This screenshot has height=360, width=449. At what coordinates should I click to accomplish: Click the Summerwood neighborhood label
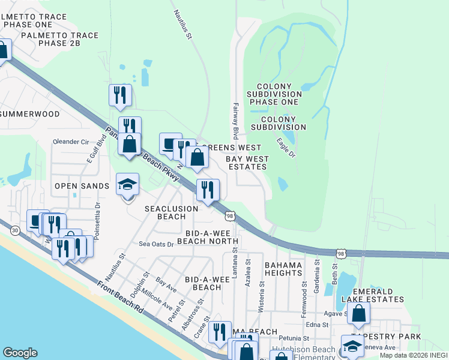tap(30, 114)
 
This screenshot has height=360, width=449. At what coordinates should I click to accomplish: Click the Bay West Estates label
tap(247, 163)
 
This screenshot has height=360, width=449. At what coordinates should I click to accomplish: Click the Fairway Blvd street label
tap(236, 121)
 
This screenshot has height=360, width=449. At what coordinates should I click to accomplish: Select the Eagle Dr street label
tap(286, 148)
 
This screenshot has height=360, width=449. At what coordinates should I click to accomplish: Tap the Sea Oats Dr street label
tap(156, 244)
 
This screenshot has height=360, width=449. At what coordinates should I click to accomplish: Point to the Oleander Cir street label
tap(71, 142)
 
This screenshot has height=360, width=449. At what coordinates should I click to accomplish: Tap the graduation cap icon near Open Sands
tap(127, 184)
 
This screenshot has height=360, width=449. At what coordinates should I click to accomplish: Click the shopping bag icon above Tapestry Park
tap(358, 313)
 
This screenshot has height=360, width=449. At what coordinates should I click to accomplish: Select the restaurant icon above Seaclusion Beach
tap(208, 190)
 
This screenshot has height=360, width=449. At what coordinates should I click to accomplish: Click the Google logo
tap(20, 353)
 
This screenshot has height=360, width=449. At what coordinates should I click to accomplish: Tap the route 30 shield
tap(14, 230)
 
